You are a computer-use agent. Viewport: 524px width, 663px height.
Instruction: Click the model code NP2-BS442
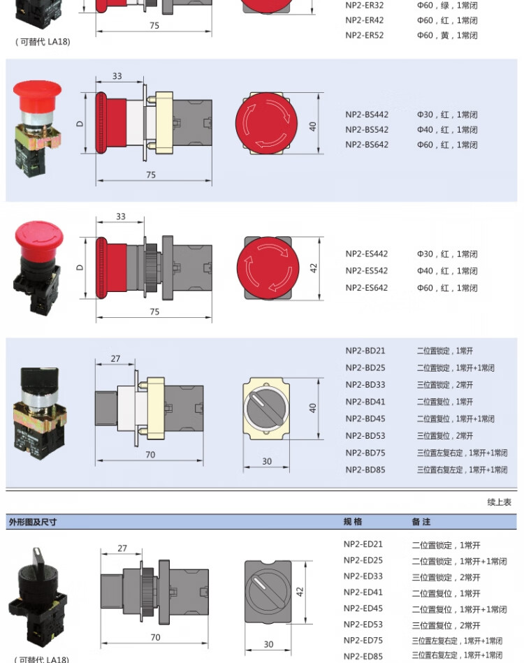367,115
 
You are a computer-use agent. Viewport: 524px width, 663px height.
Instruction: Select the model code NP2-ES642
366,288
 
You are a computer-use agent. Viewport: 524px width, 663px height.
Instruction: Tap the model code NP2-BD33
365,385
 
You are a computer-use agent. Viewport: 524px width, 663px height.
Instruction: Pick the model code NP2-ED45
363,609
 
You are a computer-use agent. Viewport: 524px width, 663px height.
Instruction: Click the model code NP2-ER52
364,35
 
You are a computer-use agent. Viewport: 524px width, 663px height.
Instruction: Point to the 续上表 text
499,502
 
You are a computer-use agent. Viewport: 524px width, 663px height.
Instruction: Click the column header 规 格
353,522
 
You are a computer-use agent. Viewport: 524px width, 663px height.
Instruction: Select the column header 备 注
421,522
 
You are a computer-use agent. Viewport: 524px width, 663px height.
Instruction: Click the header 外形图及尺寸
33,522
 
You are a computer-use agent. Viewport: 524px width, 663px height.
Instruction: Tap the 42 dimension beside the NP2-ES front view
314,268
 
